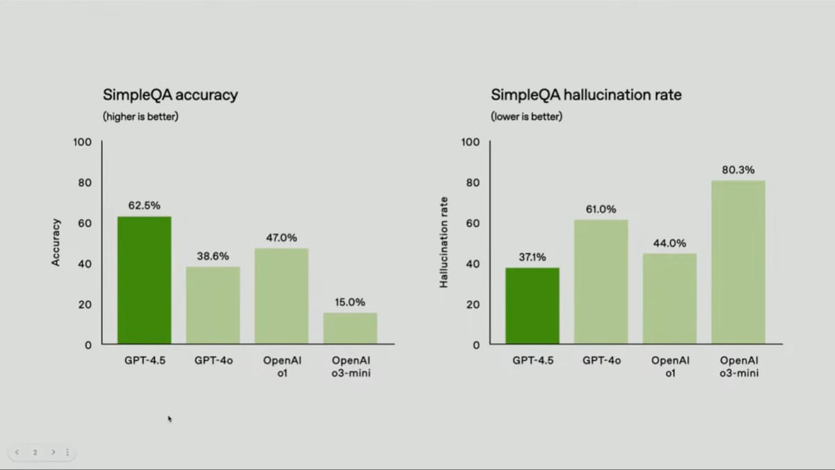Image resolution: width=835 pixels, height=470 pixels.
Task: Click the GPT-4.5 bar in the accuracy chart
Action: [144, 280]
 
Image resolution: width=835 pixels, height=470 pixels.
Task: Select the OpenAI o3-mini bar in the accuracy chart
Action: [350, 328]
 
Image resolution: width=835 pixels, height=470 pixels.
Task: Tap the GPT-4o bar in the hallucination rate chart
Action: [601, 282]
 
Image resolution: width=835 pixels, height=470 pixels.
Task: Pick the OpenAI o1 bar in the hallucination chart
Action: [669, 298]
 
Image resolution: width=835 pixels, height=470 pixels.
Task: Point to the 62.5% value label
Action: [144, 206]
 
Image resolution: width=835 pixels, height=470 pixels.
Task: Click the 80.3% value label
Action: [738, 170]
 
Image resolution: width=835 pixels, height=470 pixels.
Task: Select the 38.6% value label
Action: [213, 256]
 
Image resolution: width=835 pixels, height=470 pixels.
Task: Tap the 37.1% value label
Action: [532, 257]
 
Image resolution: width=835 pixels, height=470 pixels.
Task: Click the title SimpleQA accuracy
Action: [170, 95]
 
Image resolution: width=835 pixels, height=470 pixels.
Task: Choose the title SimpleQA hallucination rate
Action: [586, 95]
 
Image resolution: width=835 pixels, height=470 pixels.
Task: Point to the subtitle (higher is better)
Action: [141, 117]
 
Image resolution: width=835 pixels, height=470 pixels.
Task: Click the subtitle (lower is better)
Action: [527, 117]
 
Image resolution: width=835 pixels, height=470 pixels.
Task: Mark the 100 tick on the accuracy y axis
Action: [82, 143]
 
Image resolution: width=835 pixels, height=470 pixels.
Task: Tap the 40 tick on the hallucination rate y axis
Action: [473, 264]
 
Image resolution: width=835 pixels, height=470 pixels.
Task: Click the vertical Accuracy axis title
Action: [56, 242]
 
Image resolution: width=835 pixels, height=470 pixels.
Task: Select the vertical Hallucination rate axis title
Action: [444, 242]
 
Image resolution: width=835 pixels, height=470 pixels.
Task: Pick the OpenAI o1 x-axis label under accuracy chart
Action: [282, 366]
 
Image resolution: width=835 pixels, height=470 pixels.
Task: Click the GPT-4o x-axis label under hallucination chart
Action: [601, 361]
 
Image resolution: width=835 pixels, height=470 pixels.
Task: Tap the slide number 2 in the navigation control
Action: [35, 452]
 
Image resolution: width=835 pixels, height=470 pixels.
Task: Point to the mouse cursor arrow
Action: [170, 419]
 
